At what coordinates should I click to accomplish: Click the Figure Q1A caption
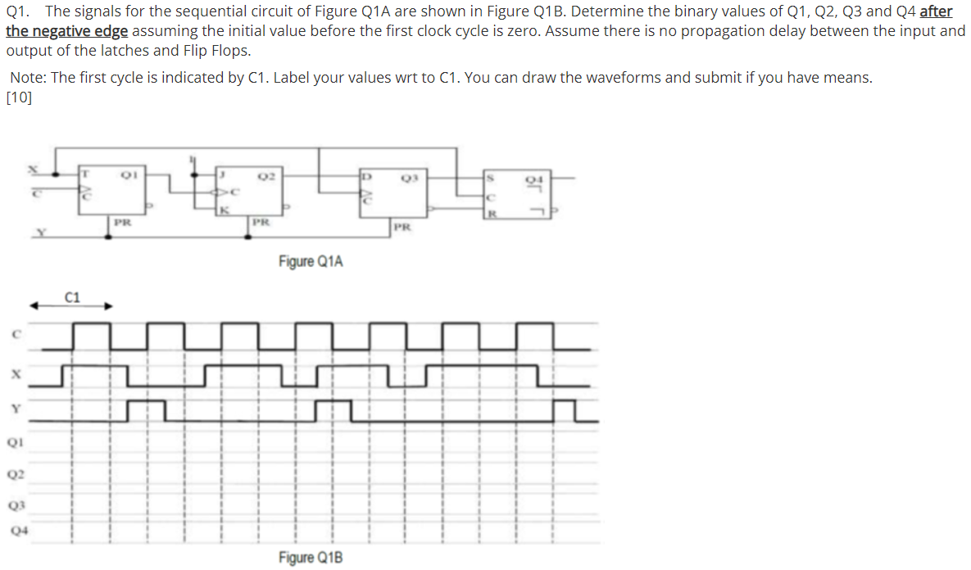click(311, 261)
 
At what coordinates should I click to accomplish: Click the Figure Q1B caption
click(311, 558)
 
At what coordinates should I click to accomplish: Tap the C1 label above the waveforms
click(72, 297)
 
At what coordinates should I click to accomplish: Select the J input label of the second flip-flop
click(222, 174)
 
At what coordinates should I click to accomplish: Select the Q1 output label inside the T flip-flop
click(127, 174)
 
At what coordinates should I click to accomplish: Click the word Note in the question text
click(27, 78)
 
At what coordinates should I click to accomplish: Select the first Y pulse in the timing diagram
click(147, 408)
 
